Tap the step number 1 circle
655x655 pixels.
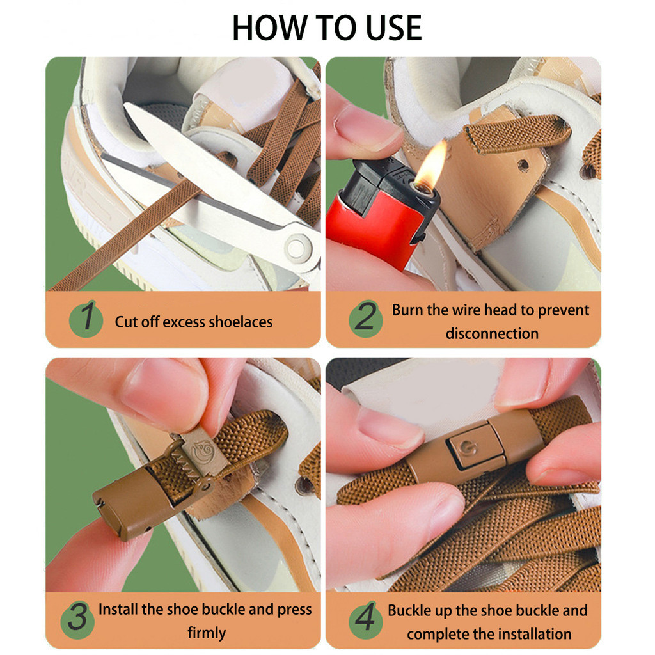click(86, 319)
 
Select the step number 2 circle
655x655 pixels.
click(365, 319)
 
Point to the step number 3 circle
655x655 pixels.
click(77, 619)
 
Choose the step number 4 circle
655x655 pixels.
click(365, 619)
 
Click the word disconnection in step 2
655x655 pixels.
click(492, 334)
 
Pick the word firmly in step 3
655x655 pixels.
click(207, 633)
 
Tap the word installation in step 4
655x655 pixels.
click(531, 634)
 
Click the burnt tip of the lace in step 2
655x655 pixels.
click(561, 125)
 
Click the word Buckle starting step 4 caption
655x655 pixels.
click(409, 611)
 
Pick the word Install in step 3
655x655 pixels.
click(118, 610)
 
